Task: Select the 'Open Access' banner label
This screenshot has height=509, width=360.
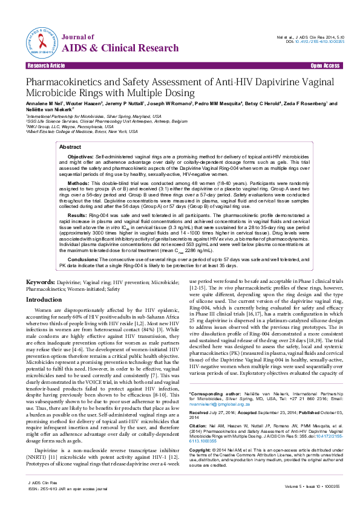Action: point(324,65)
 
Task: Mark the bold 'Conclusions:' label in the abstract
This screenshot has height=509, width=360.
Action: point(83,258)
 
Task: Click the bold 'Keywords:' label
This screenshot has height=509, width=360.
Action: point(42,282)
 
